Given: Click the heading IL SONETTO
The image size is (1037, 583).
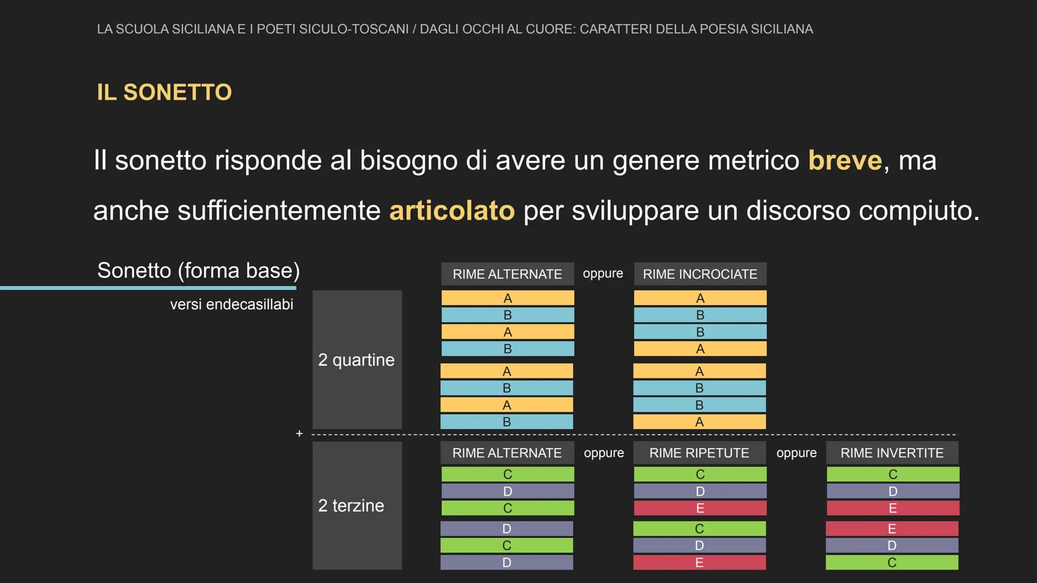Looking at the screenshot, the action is pyautogui.click(x=164, y=92).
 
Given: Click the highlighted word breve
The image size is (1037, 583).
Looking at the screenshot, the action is pyautogui.click(x=845, y=160).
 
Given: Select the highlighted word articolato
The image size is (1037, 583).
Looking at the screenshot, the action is pyautogui.click(x=452, y=210).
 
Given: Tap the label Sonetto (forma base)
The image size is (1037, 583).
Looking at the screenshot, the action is pyautogui.click(x=198, y=270).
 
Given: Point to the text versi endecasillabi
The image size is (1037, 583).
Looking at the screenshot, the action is pyautogui.click(x=232, y=304).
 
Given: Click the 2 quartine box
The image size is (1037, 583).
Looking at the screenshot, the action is pyautogui.click(x=357, y=360).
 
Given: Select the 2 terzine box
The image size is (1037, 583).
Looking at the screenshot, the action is pyautogui.click(x=357, y=505).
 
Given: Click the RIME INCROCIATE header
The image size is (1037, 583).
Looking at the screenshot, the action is pyautogui.click(x=700, y=274).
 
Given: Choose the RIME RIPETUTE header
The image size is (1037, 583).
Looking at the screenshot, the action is pyautogui.click(x=699, y=453).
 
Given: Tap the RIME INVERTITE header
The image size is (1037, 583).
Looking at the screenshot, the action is pyautogui.click(x=892, y=453).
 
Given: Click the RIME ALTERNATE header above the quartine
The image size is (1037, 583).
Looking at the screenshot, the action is pyautogui.click(x=508, y=274).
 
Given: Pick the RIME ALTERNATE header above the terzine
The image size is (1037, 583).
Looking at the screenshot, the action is pyautogui.click(x=507, y=453).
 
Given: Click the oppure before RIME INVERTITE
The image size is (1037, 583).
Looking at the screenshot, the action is pyautogui.click(x=797, y=453).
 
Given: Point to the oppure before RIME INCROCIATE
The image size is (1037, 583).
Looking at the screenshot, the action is pyautogui.click(x=603, y=274).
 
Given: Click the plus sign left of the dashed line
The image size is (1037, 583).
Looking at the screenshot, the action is pyautogui.click(x=299, y=433).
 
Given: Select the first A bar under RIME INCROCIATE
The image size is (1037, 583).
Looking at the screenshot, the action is pyautogui.click(x=700, y=298).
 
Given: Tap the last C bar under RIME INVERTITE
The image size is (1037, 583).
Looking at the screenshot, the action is pyautogui.click(x=892, y=562).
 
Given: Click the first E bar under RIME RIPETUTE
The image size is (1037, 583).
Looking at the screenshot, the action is pyautogui.click(x=700, y=508).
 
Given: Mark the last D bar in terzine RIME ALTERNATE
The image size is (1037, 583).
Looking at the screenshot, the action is pyautogui.click(x=507, y=562).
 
